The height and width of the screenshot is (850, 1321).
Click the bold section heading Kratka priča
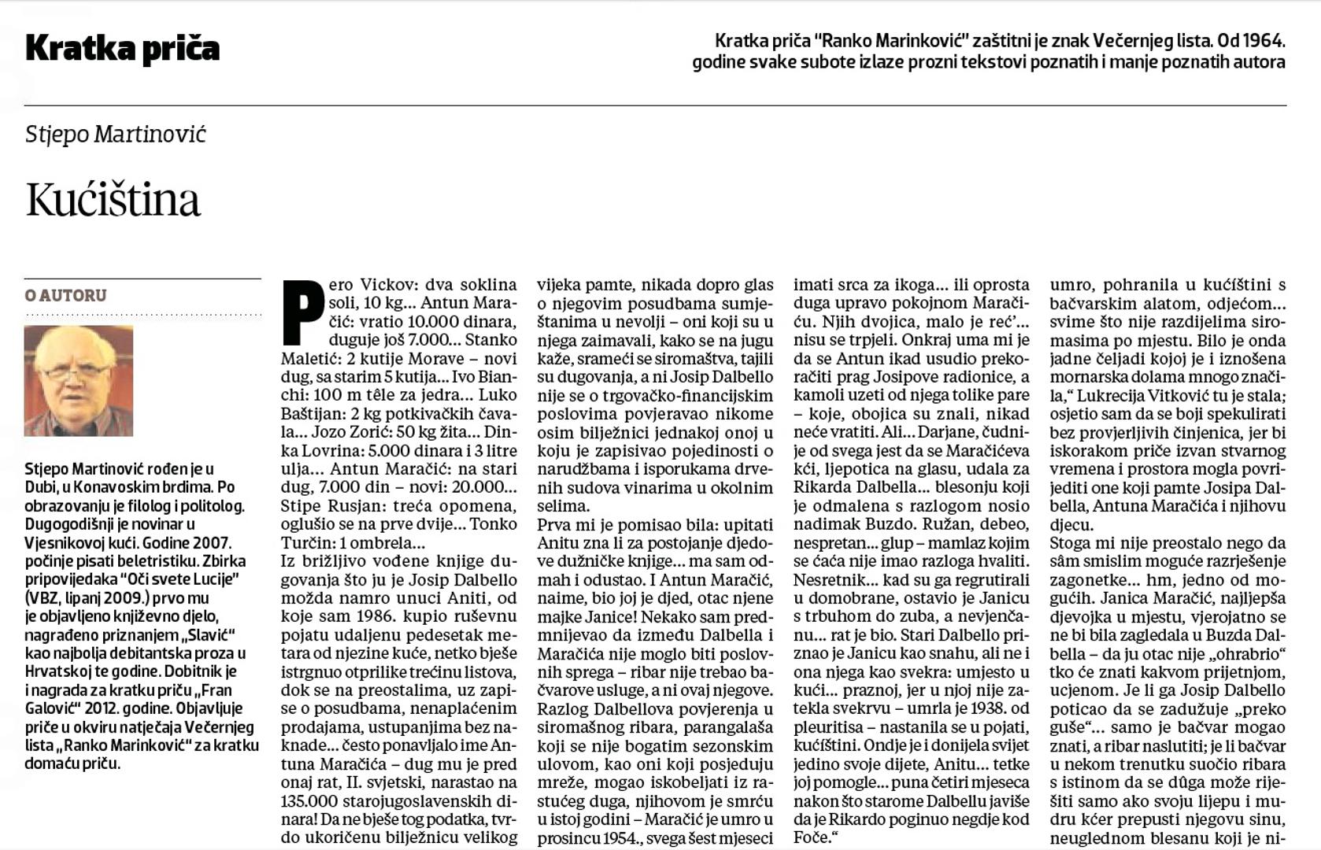click(122, 49)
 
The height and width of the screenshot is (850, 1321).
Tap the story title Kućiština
click(113, 200)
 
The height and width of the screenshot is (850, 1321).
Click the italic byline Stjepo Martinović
click(115, 134)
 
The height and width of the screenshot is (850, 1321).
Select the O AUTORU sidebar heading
click(65, 296)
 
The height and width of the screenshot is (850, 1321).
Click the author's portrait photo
click(79, 381)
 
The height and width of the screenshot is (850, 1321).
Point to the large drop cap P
click(302, 312)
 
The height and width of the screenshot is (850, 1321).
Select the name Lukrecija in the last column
click(1112, 395)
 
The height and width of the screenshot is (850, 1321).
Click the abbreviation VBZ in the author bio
click(42, 598)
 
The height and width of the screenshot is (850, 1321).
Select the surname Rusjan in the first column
click(348, 506)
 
